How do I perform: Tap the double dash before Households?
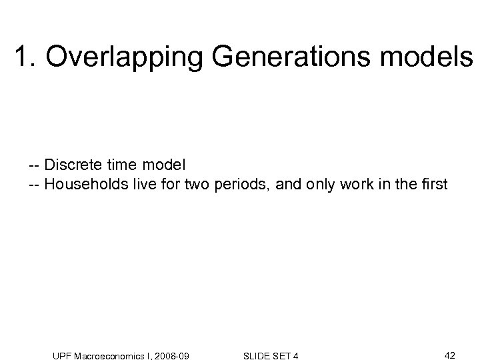pos(35,183)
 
